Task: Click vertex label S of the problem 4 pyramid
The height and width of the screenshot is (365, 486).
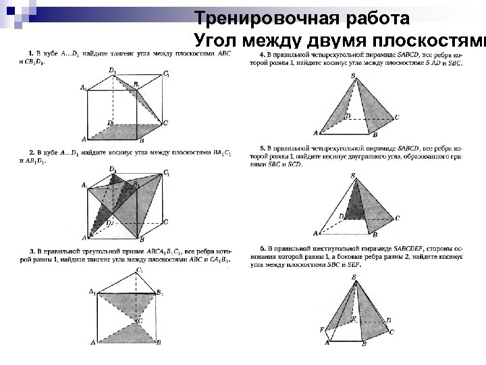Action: pos(353,75)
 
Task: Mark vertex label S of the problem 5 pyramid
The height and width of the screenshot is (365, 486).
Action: pos(353,176)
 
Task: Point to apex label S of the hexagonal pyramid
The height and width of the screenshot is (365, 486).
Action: pos(354,276)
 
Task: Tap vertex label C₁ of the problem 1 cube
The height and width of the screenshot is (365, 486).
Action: pos(166,73)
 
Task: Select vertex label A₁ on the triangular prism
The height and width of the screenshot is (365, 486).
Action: pos(92,291)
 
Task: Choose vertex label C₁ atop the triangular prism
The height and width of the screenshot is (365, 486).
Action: pos(140,270)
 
